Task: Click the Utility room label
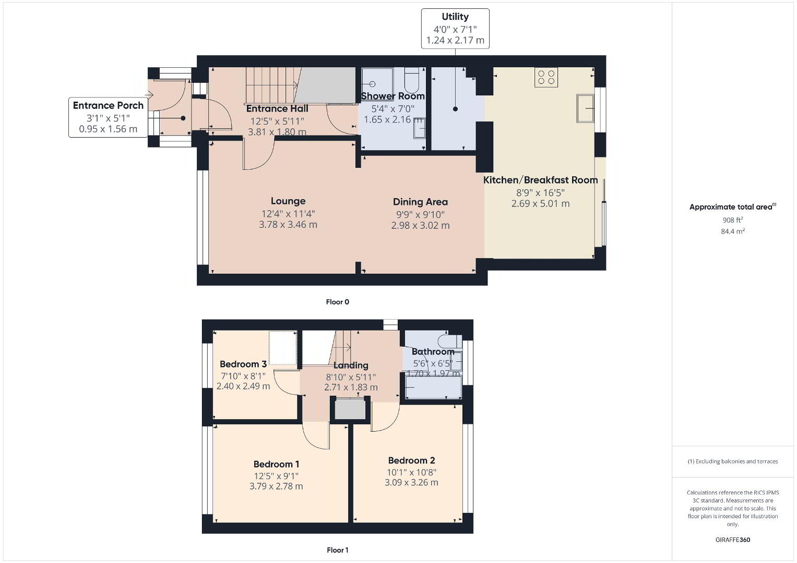pyautogui.click(x=455, y=17)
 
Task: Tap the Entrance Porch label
pyautogui.click(x=108, y=105)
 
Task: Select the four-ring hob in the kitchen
pyautogui.click(x=546, y=77)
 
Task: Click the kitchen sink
pyautogui.click(x=585, y=108)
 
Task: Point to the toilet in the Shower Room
pyautogui.click(x=412, y=80)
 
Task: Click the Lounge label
pyautogui.click(x=288, y=201)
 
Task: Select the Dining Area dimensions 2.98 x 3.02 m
pyautogui.click(x=420, y=225)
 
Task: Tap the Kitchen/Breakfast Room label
pyautogui.click(x=540, y=180)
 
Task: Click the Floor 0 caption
pyautogui.click(x=338, y=302)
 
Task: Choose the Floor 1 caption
pyautogui.click(x=338, y=550)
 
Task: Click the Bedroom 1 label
pyautogui.click(x=277, y=464)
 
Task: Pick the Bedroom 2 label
pyautogui.click(x=412, y=461)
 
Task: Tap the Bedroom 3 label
pyautogui.click(x=243, y=364)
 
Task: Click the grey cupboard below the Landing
pyautogui.click(x=350, y=409)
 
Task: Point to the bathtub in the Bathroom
pyautogui.click(x=433, y=387)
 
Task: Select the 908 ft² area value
pyautogui.click(x=733, y=220)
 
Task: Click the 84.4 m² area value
pyautogui.click(x=733, y=231)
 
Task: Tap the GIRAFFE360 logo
pyautogui.click(x=733, y=540)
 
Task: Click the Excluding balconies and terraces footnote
pyautogui.click(x=733, y=461)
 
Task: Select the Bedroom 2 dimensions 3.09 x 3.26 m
pyautogui.click(x=412, y=482)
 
